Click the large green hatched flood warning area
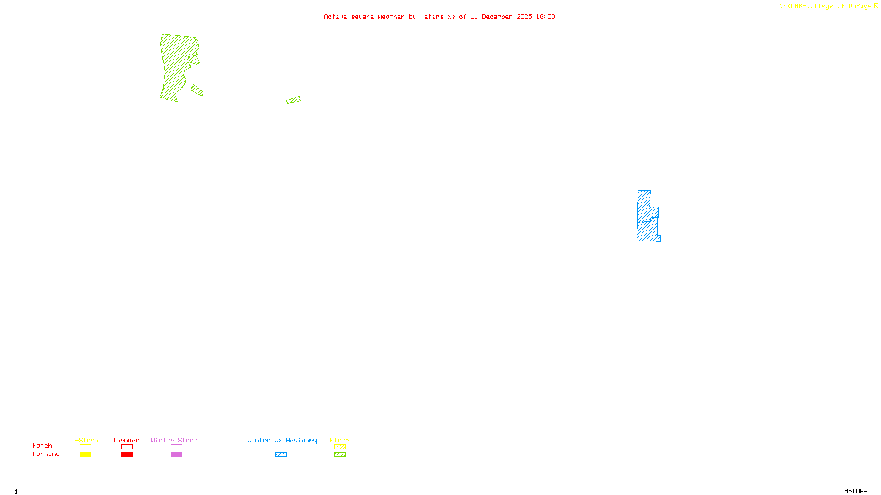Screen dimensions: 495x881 coord(175,66)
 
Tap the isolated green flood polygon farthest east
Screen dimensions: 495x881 coord(293,100)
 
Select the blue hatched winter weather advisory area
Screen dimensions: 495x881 coord(647,220)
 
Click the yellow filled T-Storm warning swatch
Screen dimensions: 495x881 coord(85,455)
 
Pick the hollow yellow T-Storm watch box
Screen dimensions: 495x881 coord(85,447)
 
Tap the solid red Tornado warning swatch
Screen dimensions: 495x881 coord(127,455)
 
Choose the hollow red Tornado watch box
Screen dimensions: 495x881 coord(127,447)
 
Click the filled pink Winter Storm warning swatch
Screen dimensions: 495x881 coord(176,455)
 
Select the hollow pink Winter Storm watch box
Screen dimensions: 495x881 coord(176,447)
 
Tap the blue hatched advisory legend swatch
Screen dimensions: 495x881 coord(281,455)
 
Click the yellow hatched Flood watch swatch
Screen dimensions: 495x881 coord(340,447)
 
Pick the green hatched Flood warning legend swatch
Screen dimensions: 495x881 coord(340,455)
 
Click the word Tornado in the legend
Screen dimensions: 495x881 coord(126,440)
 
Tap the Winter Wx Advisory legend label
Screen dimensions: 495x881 coord(282,440)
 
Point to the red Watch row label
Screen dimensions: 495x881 coord(42,446)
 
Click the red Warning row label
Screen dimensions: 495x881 coord(46,454)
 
